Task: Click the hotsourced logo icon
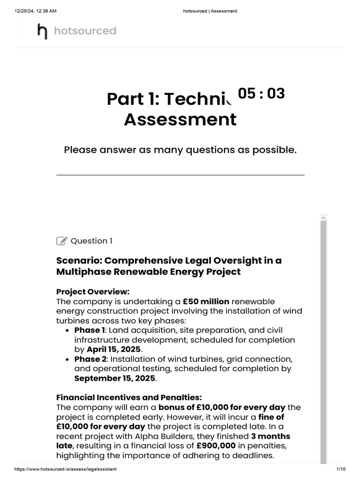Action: coord(42,31)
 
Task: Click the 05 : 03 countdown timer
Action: coord(261,94)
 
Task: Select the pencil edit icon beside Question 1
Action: coord(61,241)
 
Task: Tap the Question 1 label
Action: coord(91,241)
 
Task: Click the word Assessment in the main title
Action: coord(180,120)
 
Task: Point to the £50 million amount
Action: coord(206,301)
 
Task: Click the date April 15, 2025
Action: coord(114,349)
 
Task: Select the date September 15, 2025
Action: coord(106,378)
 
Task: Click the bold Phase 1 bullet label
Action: coord(90,330)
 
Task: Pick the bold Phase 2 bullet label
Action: coord(90,359)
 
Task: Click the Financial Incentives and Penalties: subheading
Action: coord(129,397)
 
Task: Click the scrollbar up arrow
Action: coord(323,217)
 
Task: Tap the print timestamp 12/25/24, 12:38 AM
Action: coord(36,11)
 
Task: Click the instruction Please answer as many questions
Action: coord(180,150)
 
